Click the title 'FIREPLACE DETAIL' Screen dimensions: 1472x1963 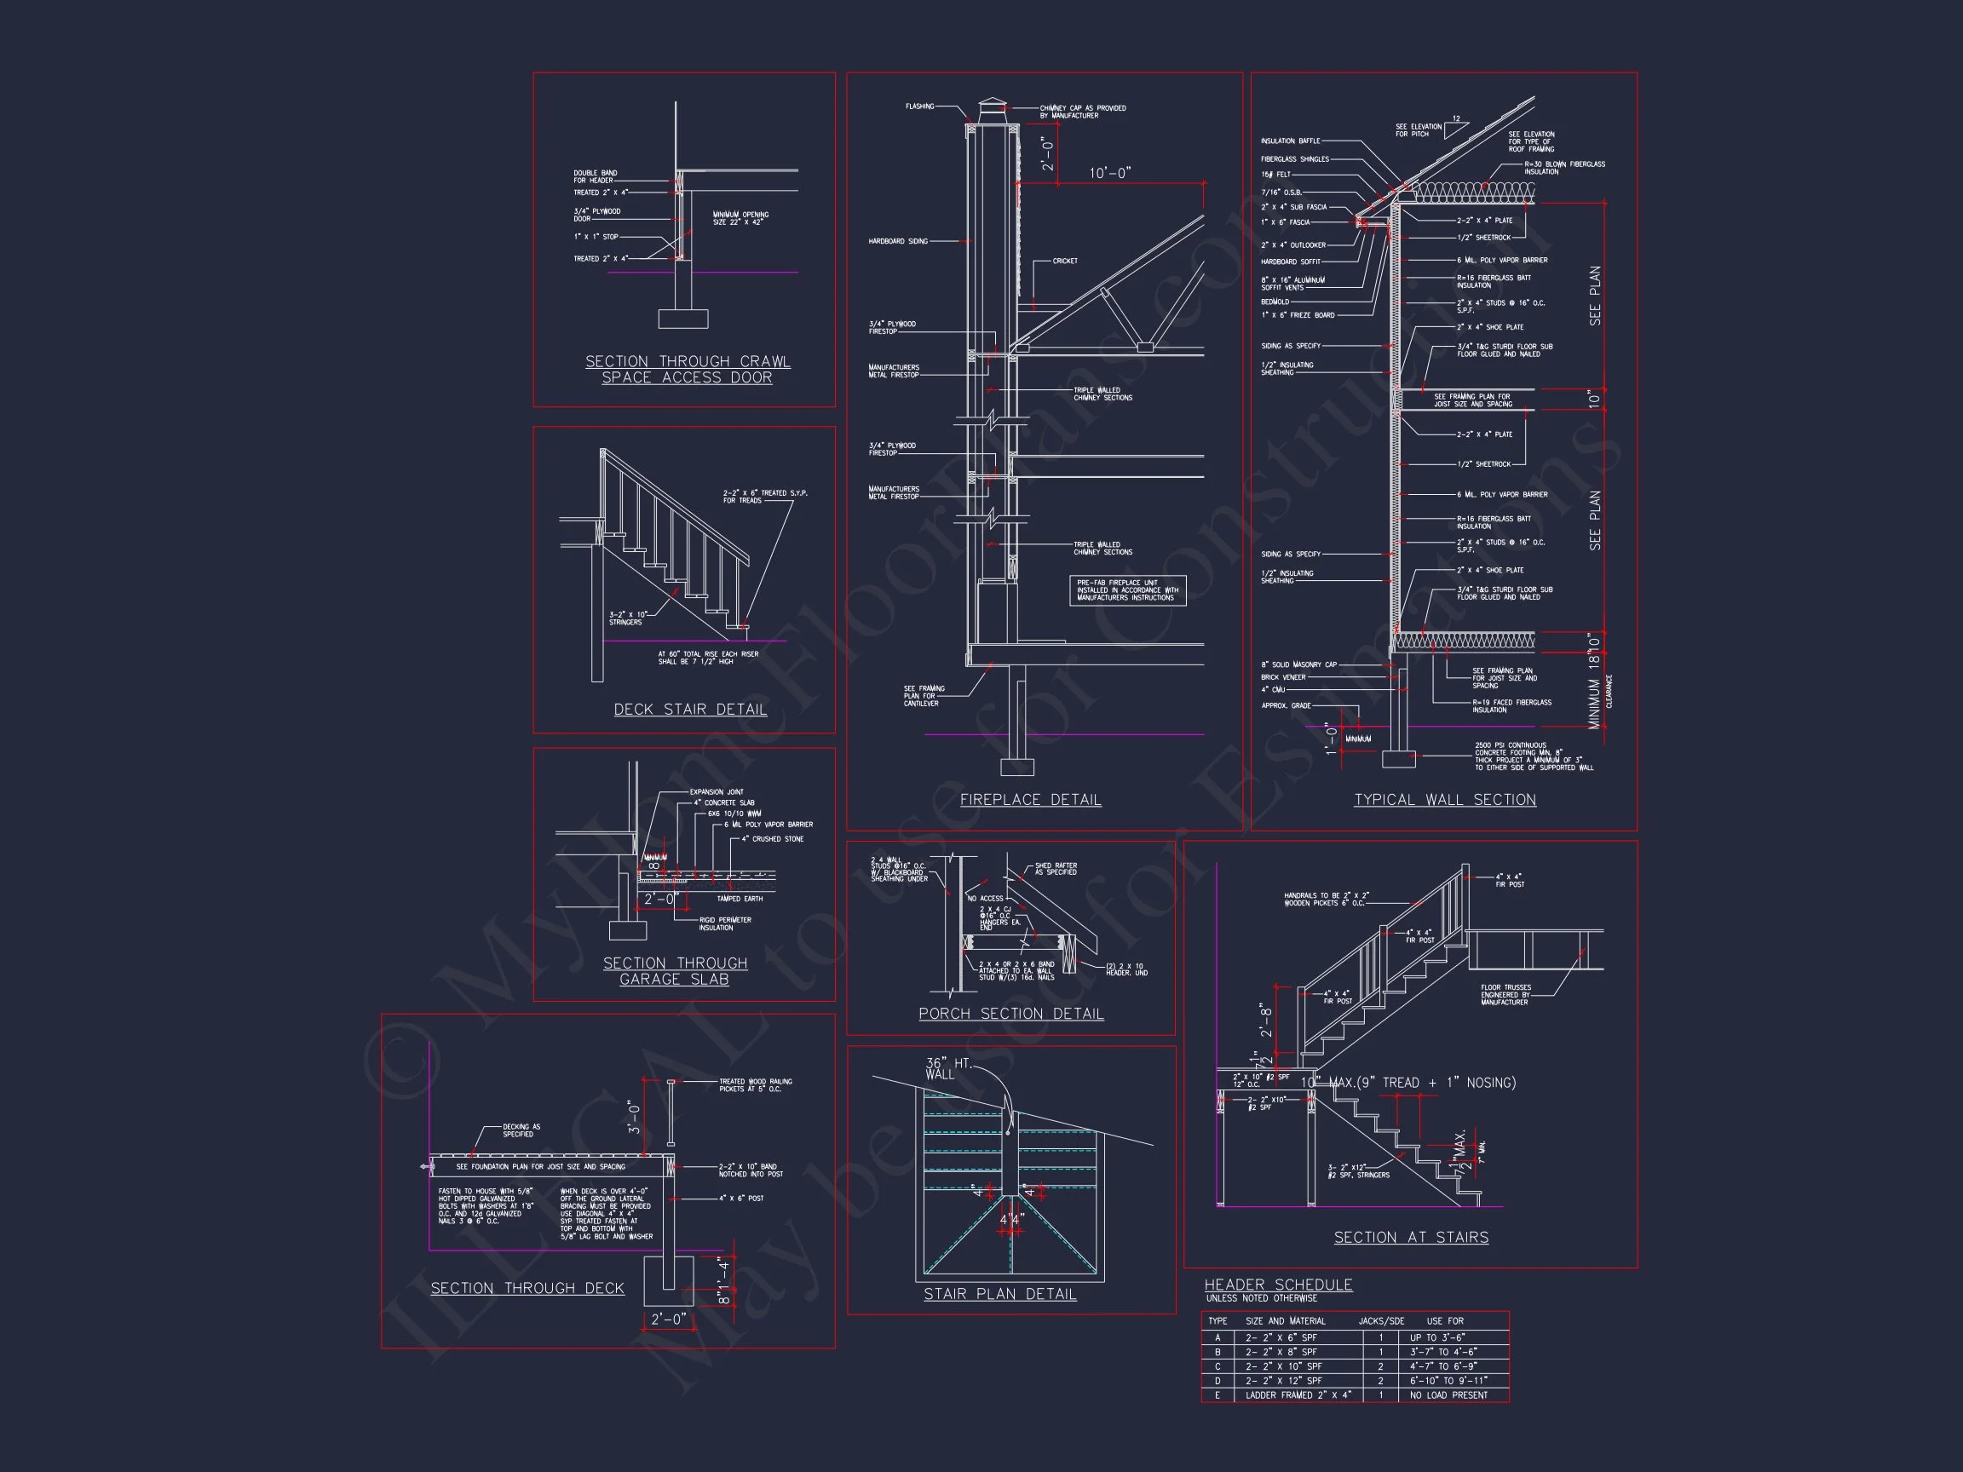pyautogui.click(x=1030, y=799)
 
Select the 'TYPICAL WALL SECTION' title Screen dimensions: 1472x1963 pyautogui.click(x=1445, y=799)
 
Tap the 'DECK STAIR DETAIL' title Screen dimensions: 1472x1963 pyautogui.click(x=689, y=709)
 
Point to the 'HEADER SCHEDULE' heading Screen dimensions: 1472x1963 pyautogui.click(x=1278, y=1285)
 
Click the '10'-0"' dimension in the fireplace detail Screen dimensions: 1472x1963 pyautogui.click(x=1110, y=173)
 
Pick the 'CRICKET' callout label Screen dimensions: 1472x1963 pyautogui.click(x=1065, y=261)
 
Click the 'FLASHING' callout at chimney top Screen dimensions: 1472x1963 pyautogui.click(x=919, y=106)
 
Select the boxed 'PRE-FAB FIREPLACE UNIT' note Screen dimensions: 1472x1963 pyautogui.click(x=1127, y=590)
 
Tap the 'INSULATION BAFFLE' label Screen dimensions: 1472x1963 pyautogui.click(x=1290, y=141)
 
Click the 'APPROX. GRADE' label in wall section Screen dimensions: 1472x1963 pyautogui.click(x=1286, y=705)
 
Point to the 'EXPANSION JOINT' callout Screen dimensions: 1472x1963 pyautogui.click(x=717, y=791)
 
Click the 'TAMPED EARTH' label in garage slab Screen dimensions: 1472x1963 pyautogui.click(x=740, y=899)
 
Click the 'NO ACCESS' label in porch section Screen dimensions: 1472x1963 pyautogui.click(x=985, y=898)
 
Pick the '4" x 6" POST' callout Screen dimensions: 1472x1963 pyautogui.click(x=741, y=1198)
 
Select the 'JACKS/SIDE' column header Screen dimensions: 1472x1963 pyautogui.click(x=1381, y=1321)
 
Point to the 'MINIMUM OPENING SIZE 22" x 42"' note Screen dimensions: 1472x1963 pyautogui.click(x=740, y=218)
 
